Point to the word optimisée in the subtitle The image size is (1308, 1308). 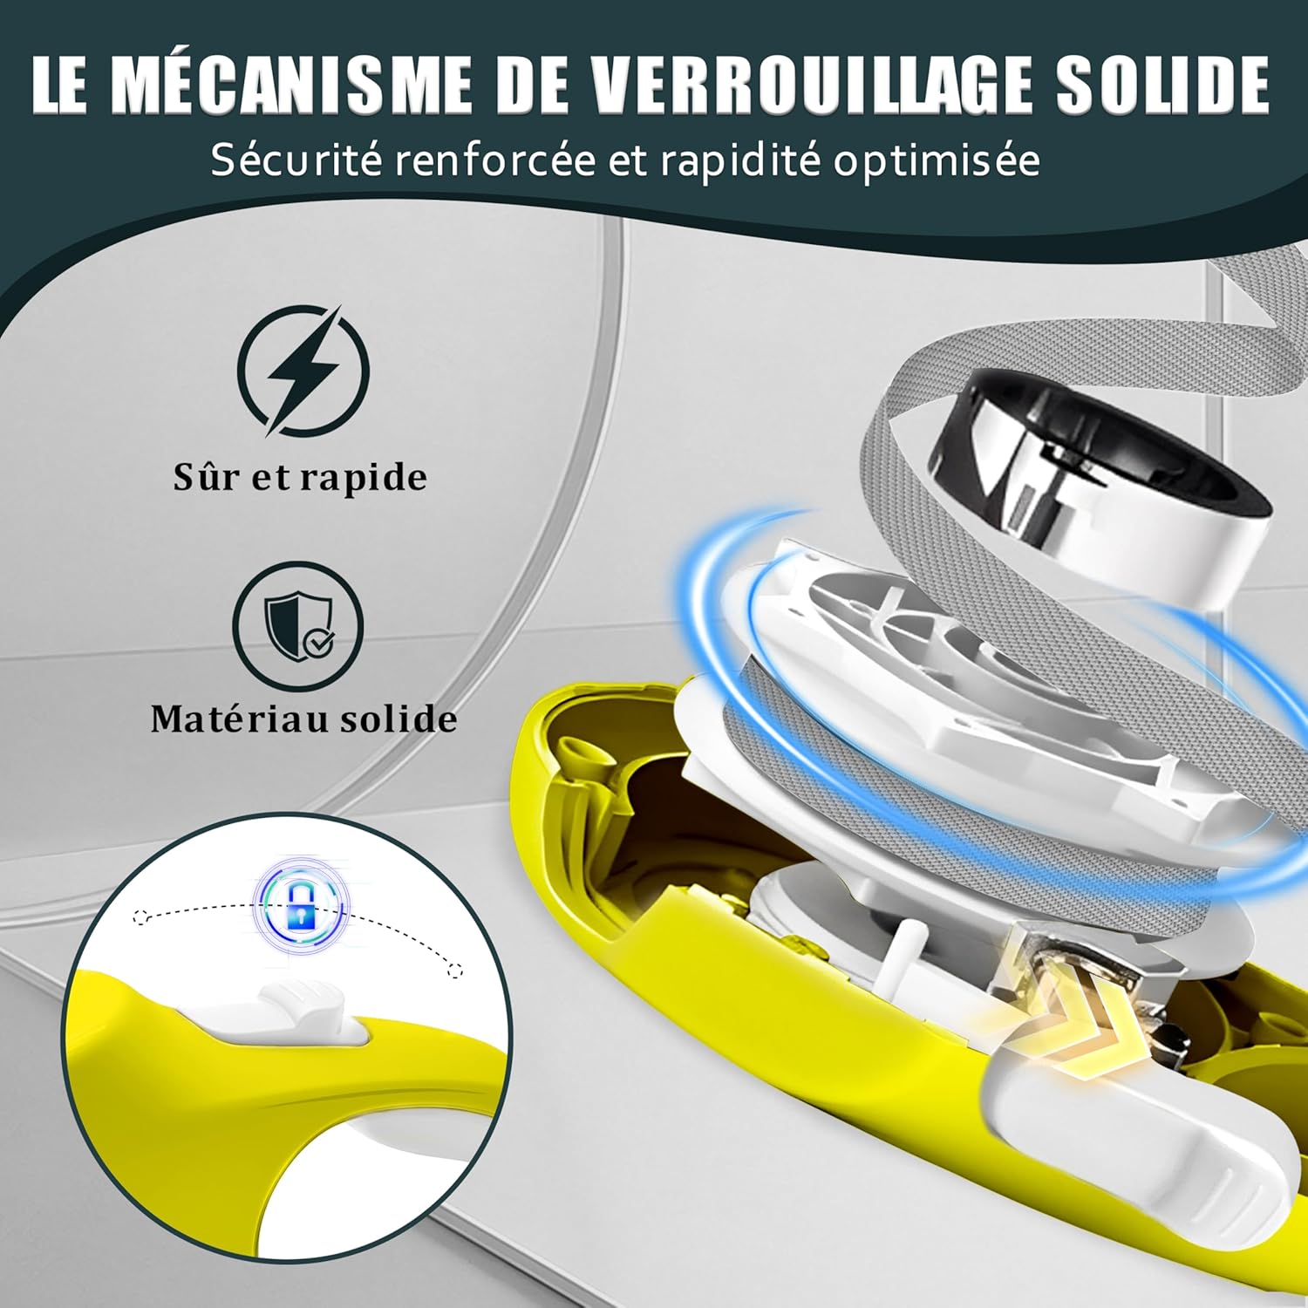(936, 162)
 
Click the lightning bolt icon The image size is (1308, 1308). (303, 371)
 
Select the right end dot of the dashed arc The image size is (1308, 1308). (453, 971)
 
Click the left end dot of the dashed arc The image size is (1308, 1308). (140, 916)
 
